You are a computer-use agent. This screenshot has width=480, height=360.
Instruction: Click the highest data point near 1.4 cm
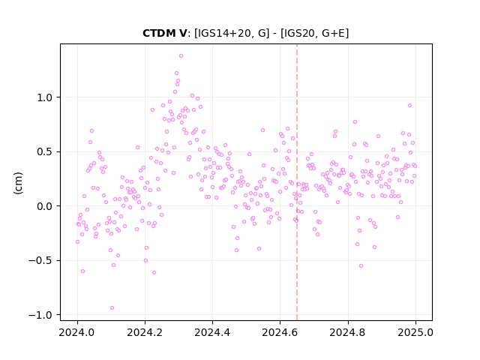[181, 56]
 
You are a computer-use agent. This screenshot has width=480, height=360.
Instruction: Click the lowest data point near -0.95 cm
[112, 308]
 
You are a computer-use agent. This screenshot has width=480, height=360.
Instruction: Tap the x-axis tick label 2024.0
[77, 333]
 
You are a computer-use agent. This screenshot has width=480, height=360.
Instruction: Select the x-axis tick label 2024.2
[145, 333]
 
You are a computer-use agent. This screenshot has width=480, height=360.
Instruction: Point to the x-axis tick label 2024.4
[212, 333]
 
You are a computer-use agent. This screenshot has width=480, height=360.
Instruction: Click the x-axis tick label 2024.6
[280, 333]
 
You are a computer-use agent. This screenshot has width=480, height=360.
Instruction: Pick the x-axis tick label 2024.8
[348, 333]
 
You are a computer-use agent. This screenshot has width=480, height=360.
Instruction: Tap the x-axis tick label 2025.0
[415, 333]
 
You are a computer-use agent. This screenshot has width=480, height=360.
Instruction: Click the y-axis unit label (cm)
[18, 183]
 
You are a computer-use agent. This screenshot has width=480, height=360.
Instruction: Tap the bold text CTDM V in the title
[164, 33]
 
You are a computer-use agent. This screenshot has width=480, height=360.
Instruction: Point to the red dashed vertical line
[297, 182]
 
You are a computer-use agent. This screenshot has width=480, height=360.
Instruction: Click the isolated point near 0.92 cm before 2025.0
[409, 106]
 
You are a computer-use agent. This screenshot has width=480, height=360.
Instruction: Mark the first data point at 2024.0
[77, 242]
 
